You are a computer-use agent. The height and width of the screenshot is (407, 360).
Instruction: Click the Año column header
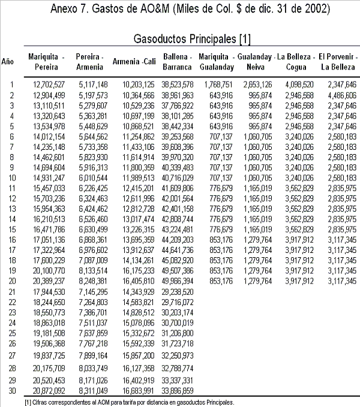click(x=8, y=62)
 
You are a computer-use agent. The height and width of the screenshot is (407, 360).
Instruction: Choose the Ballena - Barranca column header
click(x=176, y=62)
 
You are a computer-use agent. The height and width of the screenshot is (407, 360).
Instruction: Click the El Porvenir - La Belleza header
click(x=339, y=62)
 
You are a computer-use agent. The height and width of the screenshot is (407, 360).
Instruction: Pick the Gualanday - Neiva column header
click(x=256, y=62)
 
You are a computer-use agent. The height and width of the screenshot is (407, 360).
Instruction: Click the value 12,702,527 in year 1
click(x=47, y=84)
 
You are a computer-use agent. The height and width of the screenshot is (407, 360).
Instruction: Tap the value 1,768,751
click(x=217, y=84)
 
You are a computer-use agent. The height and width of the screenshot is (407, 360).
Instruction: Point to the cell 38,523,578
click(x=176, y=84)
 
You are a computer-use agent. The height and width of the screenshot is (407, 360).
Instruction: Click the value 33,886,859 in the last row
click(x=176, y=390)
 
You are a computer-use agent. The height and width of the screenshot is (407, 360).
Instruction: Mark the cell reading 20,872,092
click(x=47, y=390)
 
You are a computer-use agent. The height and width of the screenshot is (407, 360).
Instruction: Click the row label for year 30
click(x=11, y=390)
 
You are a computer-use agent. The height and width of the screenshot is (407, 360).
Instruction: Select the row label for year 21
click(x=11, y=291)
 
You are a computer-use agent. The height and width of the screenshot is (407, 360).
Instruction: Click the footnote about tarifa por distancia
click(x=129, y=402)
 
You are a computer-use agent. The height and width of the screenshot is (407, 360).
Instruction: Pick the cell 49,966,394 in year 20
click(x=176, y=281)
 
